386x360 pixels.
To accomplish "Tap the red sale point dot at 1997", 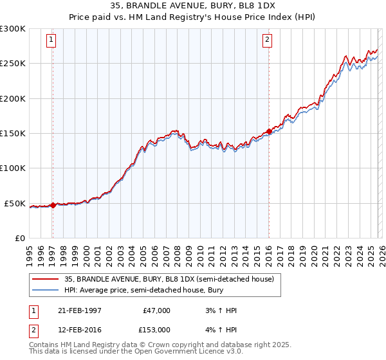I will click(x=53, y=205).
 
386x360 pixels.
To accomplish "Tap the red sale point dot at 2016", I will click(x=268, y=132).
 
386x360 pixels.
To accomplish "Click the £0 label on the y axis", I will click(x=19, y=239).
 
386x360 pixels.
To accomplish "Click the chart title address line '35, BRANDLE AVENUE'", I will click(x=193, y=6).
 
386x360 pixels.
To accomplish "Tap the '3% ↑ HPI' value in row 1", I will click(x=218, y=310).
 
